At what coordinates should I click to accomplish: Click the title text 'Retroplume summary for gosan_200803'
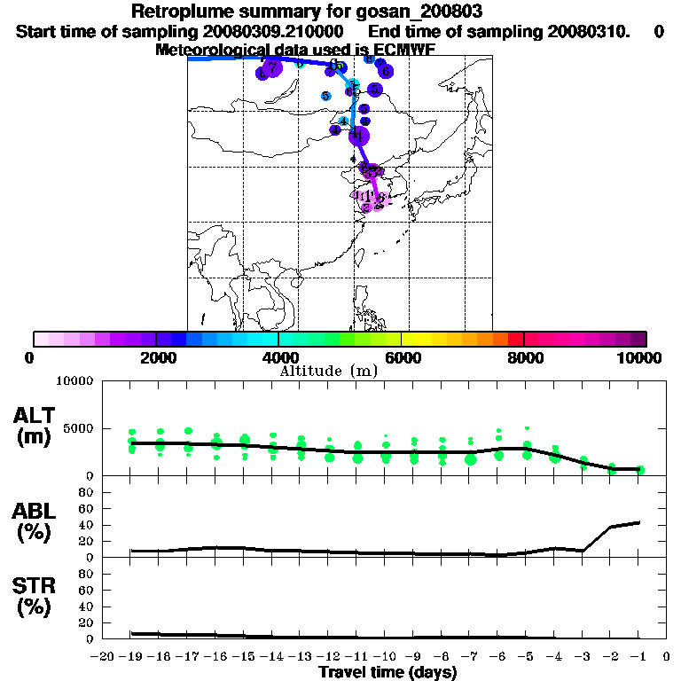pyautogui.click(x=306, y=12)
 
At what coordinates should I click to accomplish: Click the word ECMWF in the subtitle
pyautogui.click(x=407, y=50)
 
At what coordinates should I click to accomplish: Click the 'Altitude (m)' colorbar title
pyautogui.click(x=328, y=371)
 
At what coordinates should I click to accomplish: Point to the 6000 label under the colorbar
pyautogui.click(x=401, y=357)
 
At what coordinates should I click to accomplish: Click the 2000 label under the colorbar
pyautogui.click(x=156, y=357)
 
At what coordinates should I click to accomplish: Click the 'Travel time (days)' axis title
pyautogui.click(x=387, y=673)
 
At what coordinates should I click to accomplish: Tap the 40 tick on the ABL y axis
pyautogui.click(x=88, y=524)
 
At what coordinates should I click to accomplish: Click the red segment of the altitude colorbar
pyautogui.click(x=515, y=339)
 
